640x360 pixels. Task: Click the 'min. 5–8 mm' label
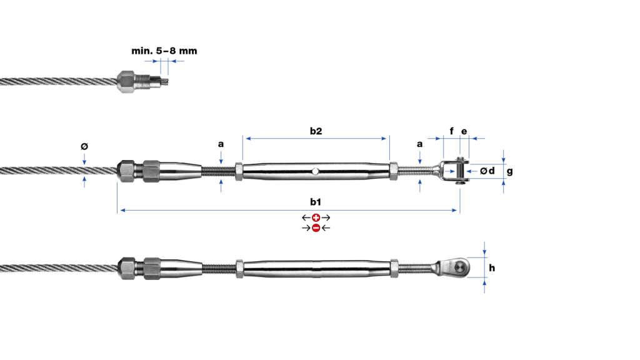pos(164,51)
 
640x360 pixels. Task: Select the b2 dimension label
pos(316,131)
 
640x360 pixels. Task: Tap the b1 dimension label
pos(316,202)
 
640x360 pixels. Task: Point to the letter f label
pos(451,131)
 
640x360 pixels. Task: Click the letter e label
pos(464,131)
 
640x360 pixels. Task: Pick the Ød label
pos(487,171)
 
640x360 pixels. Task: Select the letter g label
pos(510,171)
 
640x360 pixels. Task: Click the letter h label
pos(492,267)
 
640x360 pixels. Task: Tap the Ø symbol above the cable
pos(84,146)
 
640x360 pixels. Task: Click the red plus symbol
pos(316,217)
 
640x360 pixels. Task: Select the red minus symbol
pos(316,227)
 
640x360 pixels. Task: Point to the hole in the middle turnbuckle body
pos(315,171)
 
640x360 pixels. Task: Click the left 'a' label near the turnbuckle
pos(221,144)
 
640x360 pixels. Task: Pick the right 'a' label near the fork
pos(419,144)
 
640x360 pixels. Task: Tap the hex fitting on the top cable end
pos(126,82)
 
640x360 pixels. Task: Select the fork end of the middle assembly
pos(454,171)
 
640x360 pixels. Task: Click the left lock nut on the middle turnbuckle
pos(239,171)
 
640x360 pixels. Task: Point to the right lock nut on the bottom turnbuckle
pos(394,268)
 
